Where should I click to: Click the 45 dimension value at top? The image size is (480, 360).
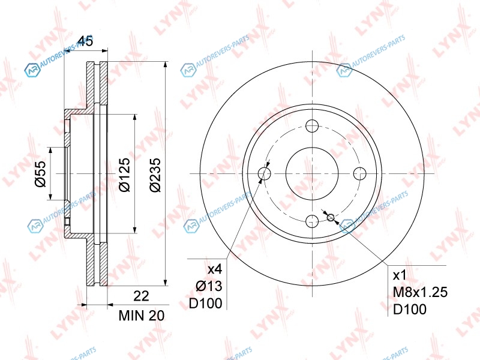(x=85, y=41)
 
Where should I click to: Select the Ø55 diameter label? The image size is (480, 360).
(x=40, y=173)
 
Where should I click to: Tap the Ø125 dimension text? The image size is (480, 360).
(x=125, y=175)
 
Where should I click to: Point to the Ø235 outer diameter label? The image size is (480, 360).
(x=155, y=175)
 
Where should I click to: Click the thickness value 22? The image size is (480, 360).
(x=141, y=296)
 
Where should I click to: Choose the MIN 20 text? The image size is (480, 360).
(x=142, y=316)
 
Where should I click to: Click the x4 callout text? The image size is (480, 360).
(x=215, y=269)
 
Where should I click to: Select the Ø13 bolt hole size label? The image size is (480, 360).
(x=209, y=286)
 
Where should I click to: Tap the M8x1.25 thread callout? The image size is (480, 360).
(x=420, y=292)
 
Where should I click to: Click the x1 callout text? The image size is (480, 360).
(x=399, y=275)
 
